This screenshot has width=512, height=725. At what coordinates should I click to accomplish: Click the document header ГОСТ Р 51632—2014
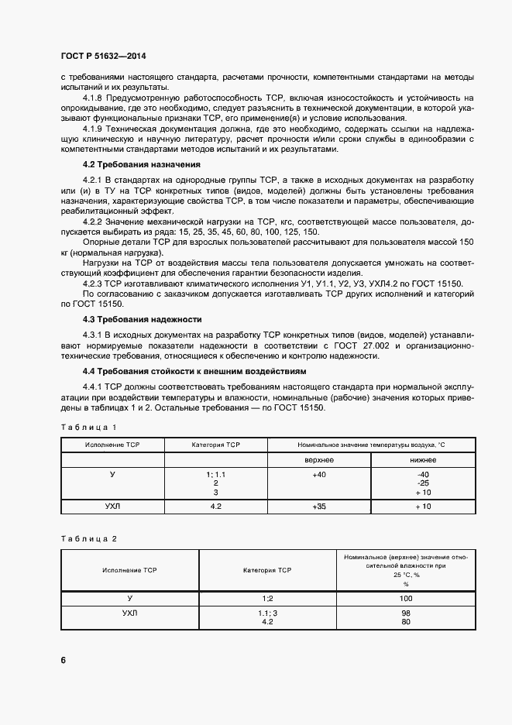point(102,57)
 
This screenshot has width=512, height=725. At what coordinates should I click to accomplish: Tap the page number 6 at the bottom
point(63,660)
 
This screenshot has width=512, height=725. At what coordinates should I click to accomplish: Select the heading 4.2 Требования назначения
point(142,165)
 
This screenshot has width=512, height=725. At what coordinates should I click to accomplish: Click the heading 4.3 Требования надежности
point(142,319)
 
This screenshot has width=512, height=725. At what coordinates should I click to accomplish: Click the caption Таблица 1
point(88,428)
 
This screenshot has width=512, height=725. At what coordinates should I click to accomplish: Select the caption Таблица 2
point(88,538)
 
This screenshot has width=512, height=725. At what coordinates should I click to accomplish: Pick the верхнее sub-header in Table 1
point(319,460)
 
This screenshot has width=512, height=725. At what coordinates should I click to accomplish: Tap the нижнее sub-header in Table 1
point(423,460)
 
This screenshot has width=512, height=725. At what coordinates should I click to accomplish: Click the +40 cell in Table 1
point(319,473)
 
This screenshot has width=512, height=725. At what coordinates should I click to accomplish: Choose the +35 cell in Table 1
point(319,506)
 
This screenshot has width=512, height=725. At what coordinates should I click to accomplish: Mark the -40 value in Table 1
point(423,473)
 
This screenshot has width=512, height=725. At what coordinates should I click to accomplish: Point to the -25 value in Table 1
point(423,483)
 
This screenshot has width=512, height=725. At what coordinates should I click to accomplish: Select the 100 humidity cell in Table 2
point(406,599)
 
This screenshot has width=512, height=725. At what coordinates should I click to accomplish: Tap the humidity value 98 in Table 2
point(406,613)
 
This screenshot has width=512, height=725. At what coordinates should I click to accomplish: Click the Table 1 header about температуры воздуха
point(371,445)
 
